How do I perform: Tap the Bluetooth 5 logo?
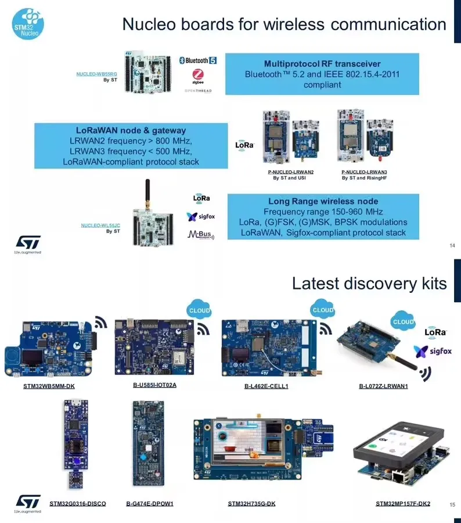coord(198,60)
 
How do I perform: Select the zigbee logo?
coord(198,76)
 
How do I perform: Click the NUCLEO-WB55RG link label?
coord(97,74)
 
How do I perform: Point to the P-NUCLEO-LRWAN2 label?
coord(290,172)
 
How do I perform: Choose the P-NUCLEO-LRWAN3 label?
coord(364,172)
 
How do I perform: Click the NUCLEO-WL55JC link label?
coord(100,225)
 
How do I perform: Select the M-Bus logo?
coord(201,235)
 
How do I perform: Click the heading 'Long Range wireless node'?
coord(323,201)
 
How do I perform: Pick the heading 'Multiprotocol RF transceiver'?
coord(322,63)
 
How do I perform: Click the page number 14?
coord(452,245)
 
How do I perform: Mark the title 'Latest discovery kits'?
coord(369,283)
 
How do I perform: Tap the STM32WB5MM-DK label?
coord(49,386)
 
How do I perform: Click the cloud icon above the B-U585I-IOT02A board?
coord(199,311)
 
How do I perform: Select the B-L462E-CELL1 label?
coord(266,386)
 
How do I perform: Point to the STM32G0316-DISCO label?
coord(78,503)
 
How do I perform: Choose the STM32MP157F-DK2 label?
coord(403,503)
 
